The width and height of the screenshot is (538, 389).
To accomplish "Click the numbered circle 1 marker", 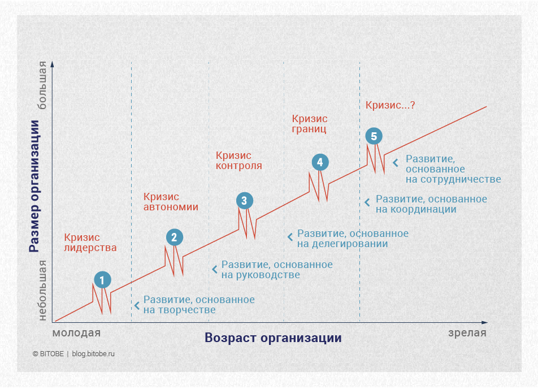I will (x=102, y=279).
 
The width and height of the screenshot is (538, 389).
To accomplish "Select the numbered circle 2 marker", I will (x=174, y=237).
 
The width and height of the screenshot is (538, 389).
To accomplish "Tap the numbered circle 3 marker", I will (x=244, y=200).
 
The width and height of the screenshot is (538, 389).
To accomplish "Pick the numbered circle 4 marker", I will (x=320, y=162).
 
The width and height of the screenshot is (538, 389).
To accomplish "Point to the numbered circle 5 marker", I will (x=374, y=136).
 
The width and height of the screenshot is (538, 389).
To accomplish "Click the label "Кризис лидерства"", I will (x=90, y=243).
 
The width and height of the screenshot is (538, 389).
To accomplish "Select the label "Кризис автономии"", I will (x=171, y=202).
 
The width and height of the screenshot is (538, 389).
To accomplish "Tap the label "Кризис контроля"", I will (x=239, y=161).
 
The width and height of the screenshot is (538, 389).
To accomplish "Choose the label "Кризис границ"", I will (x=309, y=124).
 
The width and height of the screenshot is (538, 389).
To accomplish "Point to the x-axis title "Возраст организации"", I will (x=273, y=338).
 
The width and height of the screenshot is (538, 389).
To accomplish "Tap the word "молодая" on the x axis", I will (x=76, y=332).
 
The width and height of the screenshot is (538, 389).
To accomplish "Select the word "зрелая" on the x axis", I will (x=467, y=332).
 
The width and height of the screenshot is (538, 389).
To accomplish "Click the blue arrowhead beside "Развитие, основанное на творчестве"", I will (x=136, y=305).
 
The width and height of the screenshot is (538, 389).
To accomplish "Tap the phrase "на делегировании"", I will (x=342, y=244).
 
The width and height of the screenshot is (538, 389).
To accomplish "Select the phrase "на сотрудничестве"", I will (x=453, y=179).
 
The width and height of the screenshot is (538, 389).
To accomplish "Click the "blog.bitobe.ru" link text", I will (x=93, y=354).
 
